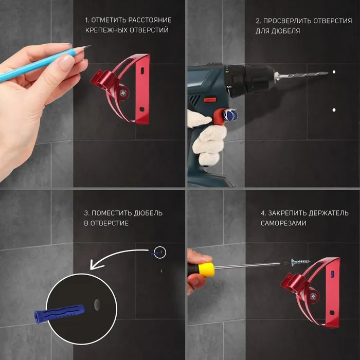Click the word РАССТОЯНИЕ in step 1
point(150,20)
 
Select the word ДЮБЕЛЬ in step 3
point(148,213)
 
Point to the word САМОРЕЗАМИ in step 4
point(283,223)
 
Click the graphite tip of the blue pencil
point(89,46)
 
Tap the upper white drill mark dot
point(334,72)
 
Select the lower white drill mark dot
point(334,110)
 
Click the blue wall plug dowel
point(59,313)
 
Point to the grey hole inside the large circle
point(97,304)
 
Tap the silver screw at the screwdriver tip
point(300,262)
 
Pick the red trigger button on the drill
point(209,100)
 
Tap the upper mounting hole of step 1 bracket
point(142,70)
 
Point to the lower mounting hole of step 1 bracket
point(141,109)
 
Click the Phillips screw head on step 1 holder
point(123,93)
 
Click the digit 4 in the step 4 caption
point(263,213)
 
